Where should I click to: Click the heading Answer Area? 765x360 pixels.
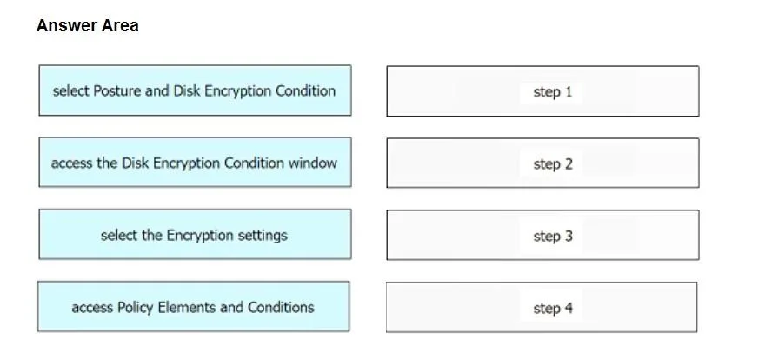tap(87, 25)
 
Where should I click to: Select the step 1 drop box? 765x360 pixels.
tap(542, 91)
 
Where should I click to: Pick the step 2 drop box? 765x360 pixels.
tap(542, 163)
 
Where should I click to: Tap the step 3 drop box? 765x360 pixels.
tap(542, 235)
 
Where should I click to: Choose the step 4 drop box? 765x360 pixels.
tap(542, 307)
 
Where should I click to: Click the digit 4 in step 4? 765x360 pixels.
tap(568, 309)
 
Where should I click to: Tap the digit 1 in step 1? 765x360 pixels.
tap(568, 91)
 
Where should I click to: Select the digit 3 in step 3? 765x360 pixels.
tap(568, 237)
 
